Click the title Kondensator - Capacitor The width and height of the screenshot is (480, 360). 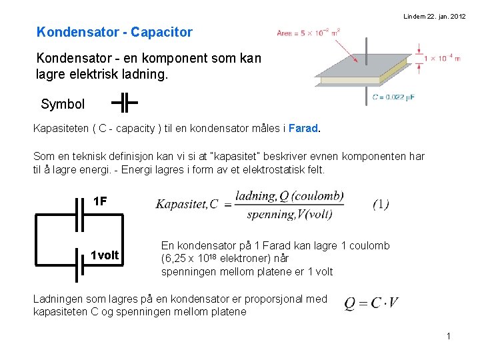point(115,32)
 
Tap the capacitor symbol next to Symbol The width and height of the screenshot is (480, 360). point(124,103)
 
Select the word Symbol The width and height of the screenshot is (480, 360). point(63,104)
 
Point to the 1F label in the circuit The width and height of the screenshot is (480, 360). point(100,201)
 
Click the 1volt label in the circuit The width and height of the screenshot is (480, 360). point(105,255)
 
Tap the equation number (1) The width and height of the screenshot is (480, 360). point(381,204)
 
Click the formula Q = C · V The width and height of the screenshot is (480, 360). point(371,303)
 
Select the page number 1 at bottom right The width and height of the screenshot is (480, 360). point(449,336)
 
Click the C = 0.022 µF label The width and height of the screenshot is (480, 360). point(393,97)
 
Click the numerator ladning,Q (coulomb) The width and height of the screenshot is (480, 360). point(289,195)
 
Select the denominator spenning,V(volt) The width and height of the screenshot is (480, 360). point(289,214)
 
